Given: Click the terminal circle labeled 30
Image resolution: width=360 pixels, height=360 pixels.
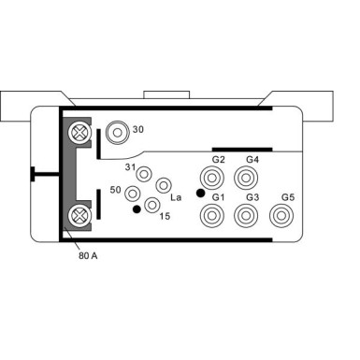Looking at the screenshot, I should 117,133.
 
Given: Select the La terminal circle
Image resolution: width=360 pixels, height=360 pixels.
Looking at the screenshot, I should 164,185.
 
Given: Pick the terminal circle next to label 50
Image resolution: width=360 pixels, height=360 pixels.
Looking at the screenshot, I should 133,194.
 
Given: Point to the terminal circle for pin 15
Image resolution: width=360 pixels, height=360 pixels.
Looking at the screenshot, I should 151,205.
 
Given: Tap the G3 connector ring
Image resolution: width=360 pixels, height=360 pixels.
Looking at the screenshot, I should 246,217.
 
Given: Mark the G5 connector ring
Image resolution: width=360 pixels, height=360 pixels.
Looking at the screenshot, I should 280,217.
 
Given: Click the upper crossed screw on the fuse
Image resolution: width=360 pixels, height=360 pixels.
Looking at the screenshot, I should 78,135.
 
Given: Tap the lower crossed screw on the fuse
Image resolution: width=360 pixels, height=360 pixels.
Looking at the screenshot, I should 78,219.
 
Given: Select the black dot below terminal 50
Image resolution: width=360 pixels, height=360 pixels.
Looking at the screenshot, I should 137,209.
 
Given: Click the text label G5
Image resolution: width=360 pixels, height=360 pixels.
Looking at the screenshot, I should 287,197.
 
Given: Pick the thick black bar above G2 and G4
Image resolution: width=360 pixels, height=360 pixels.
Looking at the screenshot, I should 241,148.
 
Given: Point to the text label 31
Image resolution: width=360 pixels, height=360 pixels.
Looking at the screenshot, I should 131,166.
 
